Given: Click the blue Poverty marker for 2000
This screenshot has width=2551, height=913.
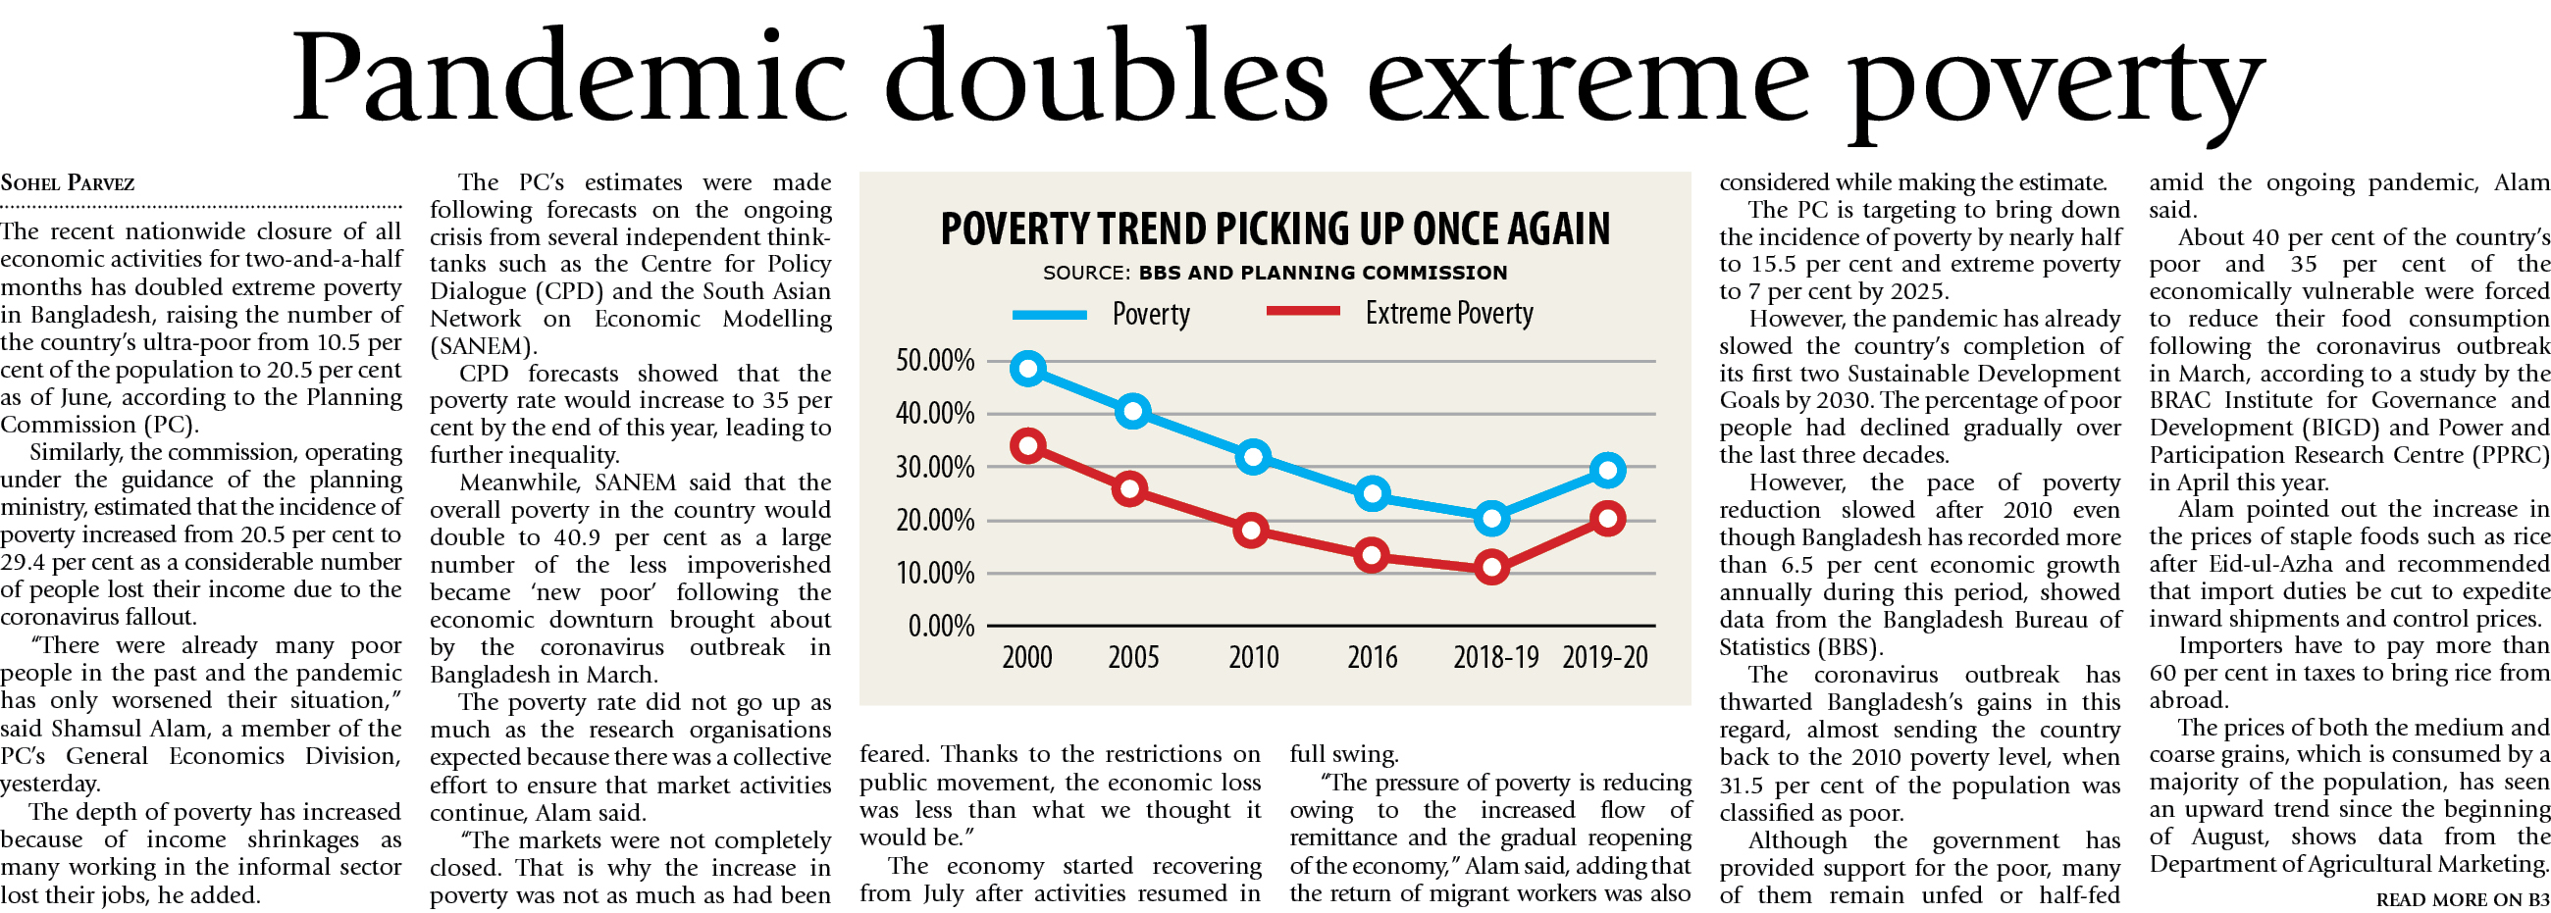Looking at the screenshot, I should (x=1028, y=369).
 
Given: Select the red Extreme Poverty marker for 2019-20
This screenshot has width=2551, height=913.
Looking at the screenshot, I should (x=1607, y=518).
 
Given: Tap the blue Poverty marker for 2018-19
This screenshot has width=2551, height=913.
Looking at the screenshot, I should (x=1491, y=517).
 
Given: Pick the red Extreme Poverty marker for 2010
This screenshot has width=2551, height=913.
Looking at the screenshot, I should (x=1252, y=530).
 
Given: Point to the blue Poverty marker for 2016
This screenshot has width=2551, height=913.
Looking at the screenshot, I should (x=1372, y=493).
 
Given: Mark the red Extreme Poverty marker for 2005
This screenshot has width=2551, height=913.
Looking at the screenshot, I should (x=1130, y=489).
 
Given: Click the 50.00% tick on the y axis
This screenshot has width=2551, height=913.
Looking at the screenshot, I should (x=935, y=361).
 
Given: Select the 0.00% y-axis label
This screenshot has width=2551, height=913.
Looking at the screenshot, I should (x=941, y=626).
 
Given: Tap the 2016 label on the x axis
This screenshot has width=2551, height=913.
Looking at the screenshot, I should (x=1372, y=657).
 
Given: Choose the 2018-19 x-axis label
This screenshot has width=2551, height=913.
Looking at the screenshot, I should (x=1495, y=657).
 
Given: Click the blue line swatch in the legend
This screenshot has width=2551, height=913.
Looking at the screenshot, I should (x=1050, y=315).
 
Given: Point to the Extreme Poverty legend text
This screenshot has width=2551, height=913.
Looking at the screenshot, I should (x=1449, y=313).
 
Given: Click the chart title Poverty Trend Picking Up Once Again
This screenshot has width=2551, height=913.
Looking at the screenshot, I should (x=1275, y=228).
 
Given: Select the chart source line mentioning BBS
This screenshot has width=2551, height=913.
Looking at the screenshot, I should (x=1275, y=273).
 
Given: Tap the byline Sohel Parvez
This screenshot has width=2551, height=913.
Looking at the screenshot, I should (x=68, y=183).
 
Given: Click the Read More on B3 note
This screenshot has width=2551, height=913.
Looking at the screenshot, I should (x=2462, y=899).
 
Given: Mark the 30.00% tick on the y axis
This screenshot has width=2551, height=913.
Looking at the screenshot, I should (x=935, y=468).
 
